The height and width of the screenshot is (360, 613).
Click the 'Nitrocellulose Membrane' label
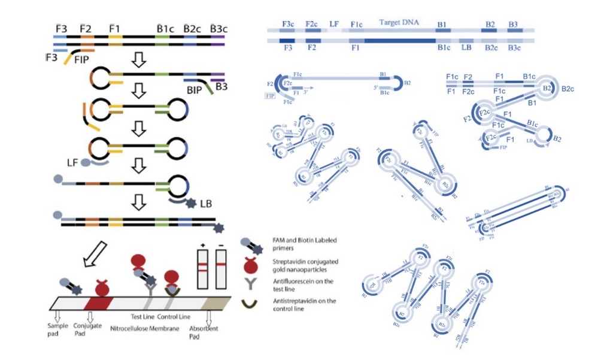(145, 328)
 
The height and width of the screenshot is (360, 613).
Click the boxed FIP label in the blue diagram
(269, 95)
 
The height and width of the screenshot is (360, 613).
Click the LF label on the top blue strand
(334, 25)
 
